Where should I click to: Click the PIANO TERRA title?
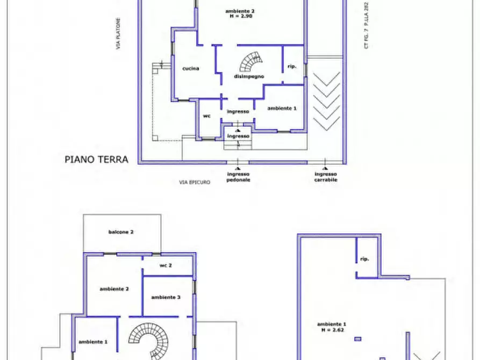pos(96,159)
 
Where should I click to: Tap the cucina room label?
pos(190,68)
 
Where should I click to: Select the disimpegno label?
pos(248,77)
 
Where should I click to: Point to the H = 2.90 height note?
pos(239,16)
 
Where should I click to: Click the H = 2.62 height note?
pos(331,330)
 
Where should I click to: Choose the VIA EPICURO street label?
pos(195,182)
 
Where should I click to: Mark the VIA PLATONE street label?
pos(117,35)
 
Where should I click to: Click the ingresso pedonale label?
pos(239,177)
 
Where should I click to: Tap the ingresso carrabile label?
pos(326,177)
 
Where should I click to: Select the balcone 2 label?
pos(121,232)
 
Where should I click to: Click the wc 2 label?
pos(166,265)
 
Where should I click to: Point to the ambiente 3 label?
pos(166,297)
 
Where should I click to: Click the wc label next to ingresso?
pos(206,116)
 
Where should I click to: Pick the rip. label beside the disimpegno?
pos(292,66)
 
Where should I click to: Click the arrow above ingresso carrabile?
pos(325,161)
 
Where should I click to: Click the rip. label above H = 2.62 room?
pos(364,259)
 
